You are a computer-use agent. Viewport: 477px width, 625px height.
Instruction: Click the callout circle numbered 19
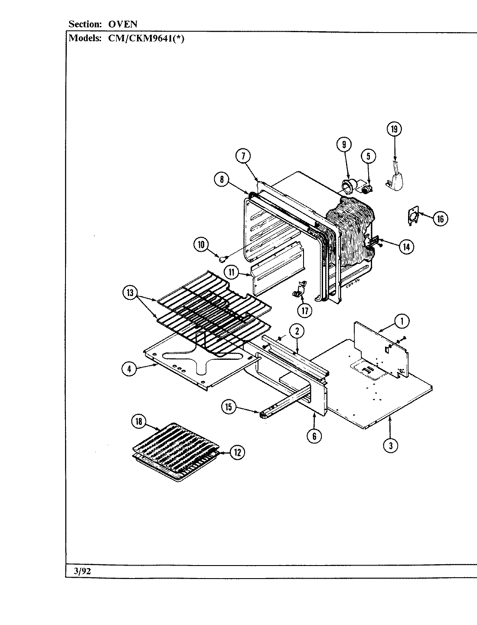pos(394,129)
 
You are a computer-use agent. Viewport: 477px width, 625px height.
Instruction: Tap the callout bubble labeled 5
pos(368,156)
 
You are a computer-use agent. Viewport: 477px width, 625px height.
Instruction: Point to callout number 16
pos(440,218)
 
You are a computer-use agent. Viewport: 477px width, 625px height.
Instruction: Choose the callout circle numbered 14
pos(406,247)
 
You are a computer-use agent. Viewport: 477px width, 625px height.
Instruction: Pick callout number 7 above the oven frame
pos(244,155)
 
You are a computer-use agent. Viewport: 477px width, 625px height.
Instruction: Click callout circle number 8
pos(222,179)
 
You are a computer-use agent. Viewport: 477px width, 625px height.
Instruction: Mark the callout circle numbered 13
pos(130,293)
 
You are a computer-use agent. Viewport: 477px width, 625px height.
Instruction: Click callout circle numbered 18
pos(139,421)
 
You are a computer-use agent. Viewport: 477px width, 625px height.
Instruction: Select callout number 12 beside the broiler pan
pos(237,452)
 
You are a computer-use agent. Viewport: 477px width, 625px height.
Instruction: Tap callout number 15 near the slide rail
pos(229,407)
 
